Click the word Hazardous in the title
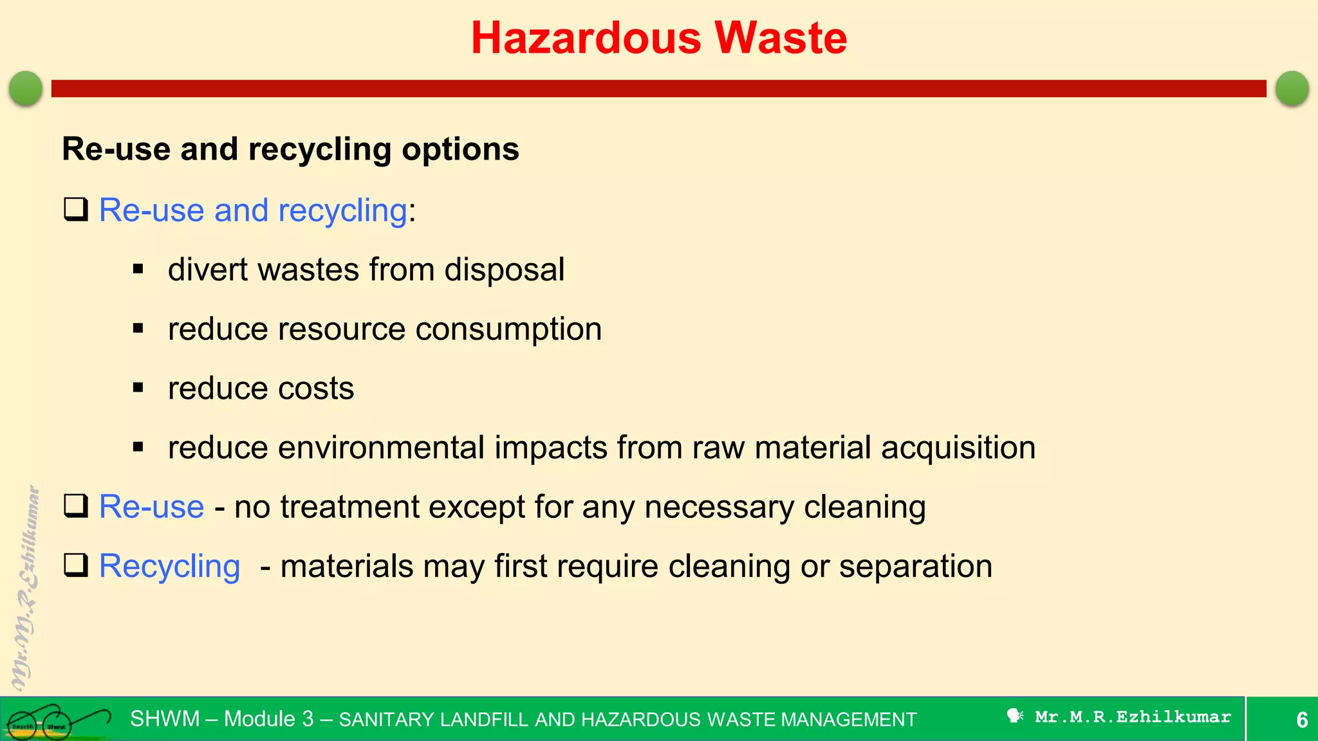click(x=586, y=38)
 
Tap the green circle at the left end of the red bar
click(x=26, y=88)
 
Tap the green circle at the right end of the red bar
click(x=1292, y=88)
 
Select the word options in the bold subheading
click(x=460, y=150)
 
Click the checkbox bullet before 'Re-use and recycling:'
click(x=76, y=210)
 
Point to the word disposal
click(x=504, y=270)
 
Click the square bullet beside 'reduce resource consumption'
click(x=138, y=329)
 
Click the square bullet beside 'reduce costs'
click(x=138, y=388)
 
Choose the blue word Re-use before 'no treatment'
click(x=151, y=507)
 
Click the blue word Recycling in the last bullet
click(x=169, y=567)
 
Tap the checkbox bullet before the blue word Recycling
click(x=76, y=565)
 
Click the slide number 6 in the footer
click(x=1301, y=719)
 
